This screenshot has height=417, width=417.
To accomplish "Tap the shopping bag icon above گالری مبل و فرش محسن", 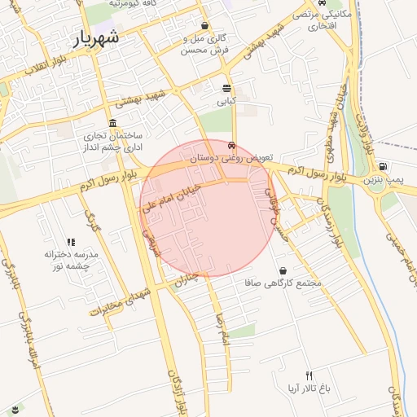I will click(x=204, y=25).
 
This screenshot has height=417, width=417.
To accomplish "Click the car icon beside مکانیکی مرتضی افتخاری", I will click(x=312, y=25).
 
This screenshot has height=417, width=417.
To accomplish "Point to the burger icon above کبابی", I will click(x=226, y=88).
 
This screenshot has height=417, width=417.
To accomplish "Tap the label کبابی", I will click(x=226, y=102).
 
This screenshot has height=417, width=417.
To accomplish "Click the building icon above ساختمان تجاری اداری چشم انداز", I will click(x=112, y=122).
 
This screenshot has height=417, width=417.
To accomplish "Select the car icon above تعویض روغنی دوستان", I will click(x=232, y=147).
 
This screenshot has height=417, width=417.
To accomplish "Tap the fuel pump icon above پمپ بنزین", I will click(x=383, y=166).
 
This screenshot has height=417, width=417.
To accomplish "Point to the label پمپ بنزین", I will click(x=383, y=178).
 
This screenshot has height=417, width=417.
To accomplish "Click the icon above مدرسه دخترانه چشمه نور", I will click(x=71, y=242).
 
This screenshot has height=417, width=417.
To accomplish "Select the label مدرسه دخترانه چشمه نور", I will click(x=71, y=260).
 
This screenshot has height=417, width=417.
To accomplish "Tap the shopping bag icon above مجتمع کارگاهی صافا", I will click(x=283, y=270).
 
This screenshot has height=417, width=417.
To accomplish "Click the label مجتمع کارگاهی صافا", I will click(x=283, y=283).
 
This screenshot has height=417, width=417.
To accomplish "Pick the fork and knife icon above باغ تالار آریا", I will click(x=309, y=375).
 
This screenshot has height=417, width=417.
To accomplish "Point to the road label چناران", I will click(x=186, y=279).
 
